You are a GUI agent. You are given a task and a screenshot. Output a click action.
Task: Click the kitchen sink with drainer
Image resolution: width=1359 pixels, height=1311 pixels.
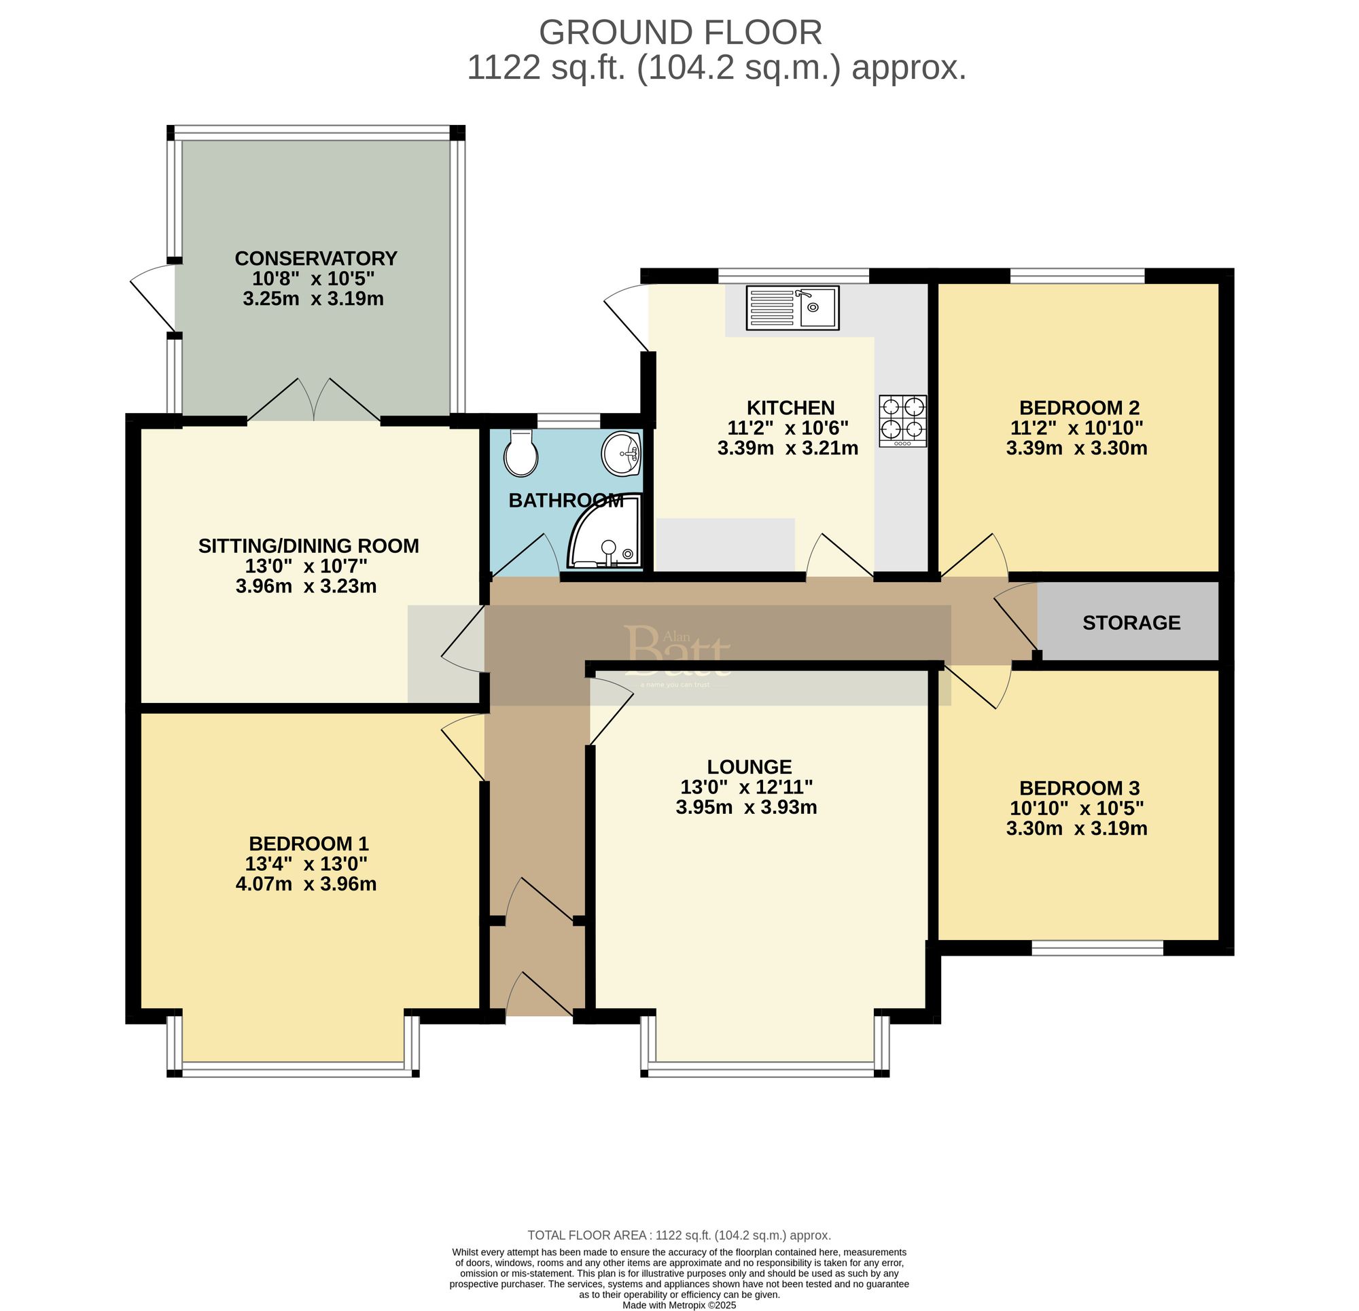pos(792,308)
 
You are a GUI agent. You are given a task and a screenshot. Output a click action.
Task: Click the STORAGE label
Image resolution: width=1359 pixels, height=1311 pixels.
pos(1131,623)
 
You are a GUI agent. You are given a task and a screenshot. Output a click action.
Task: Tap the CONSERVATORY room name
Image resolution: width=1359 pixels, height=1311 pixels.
pos(315,259)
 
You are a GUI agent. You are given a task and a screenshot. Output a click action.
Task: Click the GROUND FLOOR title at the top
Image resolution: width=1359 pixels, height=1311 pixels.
pos(680,33)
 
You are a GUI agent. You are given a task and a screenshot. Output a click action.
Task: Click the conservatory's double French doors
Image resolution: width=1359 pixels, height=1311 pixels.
pos(314,401)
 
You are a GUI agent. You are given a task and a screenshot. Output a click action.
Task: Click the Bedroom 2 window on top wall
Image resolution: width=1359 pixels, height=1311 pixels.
pos(1076,276)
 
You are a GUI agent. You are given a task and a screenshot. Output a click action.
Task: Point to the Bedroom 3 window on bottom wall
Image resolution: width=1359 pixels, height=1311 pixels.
pos(1097,948)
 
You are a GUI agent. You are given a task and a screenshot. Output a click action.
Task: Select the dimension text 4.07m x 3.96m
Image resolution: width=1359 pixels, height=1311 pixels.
pos(306,884)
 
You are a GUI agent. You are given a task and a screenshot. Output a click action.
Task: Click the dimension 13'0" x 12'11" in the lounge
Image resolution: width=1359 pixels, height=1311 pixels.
pos(746,787)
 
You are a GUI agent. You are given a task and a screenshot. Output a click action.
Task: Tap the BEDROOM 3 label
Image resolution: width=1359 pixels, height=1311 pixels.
pos(1079,788)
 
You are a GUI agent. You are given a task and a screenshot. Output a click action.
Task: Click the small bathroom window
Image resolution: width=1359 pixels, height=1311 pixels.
pos(569,420)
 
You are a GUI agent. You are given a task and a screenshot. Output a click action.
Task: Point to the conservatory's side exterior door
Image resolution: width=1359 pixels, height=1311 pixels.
pos(152,298)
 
